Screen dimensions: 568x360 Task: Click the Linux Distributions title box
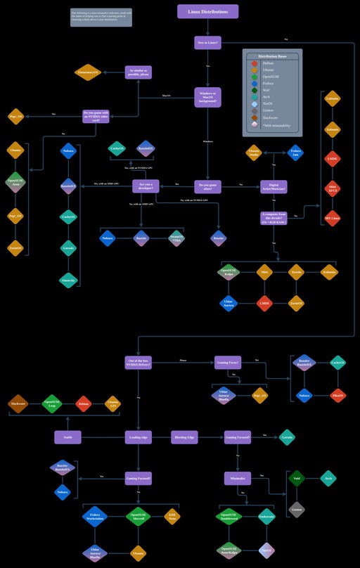pos(207,11)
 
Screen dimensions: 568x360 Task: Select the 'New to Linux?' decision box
pos(207,43)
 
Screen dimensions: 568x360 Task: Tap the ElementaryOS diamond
pos(88,72)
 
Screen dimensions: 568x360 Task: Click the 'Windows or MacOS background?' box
pos(207,97)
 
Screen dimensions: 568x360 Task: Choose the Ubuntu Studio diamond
pos(254,153)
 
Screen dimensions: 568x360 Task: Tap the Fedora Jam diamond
pos(296,153)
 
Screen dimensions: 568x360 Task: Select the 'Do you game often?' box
pos(207,186)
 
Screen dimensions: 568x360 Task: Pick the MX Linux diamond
pos(333,217)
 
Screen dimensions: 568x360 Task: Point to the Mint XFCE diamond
pos(333,188)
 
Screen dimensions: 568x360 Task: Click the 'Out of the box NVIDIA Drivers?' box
pos(138,363)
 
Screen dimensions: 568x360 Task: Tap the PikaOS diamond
pos(337,395)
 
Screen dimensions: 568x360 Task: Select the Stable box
pos(67,437)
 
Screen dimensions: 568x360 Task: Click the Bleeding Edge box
pos(184,437)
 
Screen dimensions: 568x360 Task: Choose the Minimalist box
pos(238,478)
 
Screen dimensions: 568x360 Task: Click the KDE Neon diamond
pos(172,517)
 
